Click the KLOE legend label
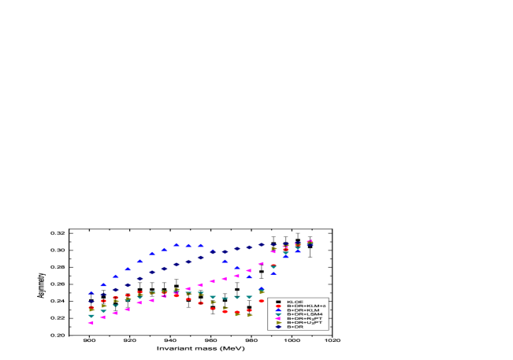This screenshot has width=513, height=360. pyautogui.click(x=295, y=302)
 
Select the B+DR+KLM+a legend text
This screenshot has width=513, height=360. pyautogui.click(x=306, y=306)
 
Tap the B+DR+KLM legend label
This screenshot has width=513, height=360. pyautogui.click(x=302, y=310)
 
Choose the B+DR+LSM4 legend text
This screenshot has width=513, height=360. pyautogui.click(x=303, y=314)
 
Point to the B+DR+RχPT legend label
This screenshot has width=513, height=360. pyautogui.click(x=303, y=318)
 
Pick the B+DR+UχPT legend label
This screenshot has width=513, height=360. pyautogui.click(x=303, y=322)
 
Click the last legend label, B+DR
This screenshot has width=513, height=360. pyautogui.click(x=295, y=326)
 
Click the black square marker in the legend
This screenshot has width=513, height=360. pyautogui.click(x=278, y=302)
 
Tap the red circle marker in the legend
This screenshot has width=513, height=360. pyautogui.click(x=278, y=306)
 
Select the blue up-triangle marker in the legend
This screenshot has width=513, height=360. pyautogui.click(x=278, y=310)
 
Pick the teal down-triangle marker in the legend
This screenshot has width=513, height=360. pyautogui.click(x=278, y=314)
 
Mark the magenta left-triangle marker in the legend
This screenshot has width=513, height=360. pyautogui.click(x=278, y=318)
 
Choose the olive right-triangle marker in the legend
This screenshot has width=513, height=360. pyautogui.click(x=278, y=322)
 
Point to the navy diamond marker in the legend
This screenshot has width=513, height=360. pyautogui.click(x=278, y=326)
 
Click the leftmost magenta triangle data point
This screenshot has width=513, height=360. pyautogui.click(x=91, y=322)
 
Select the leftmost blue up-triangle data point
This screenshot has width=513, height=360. pyautogui.click(x=91, y=292)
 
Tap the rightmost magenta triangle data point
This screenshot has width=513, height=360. pyautogui.click(x=310, y=241)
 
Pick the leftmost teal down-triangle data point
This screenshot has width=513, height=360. pyautogui.click(x=91, y=316)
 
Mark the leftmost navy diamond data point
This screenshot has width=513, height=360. pyautogui.click(x=91, y=301)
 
